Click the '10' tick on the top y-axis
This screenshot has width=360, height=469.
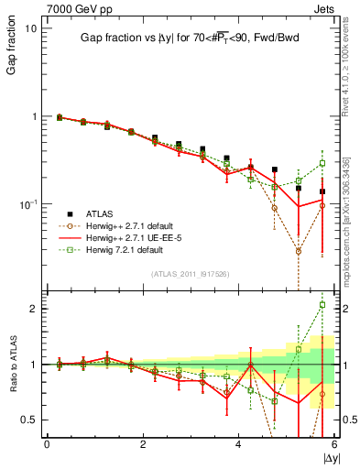(30, 28)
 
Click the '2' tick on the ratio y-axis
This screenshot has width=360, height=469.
(35, 309)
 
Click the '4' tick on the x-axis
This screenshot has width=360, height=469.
(238, 444)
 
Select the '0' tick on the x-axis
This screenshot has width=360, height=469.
(47, 444)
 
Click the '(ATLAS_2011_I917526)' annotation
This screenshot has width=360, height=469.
(190, 273)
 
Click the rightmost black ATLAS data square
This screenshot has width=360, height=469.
(322, 191)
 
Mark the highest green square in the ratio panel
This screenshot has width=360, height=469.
(322, 305)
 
